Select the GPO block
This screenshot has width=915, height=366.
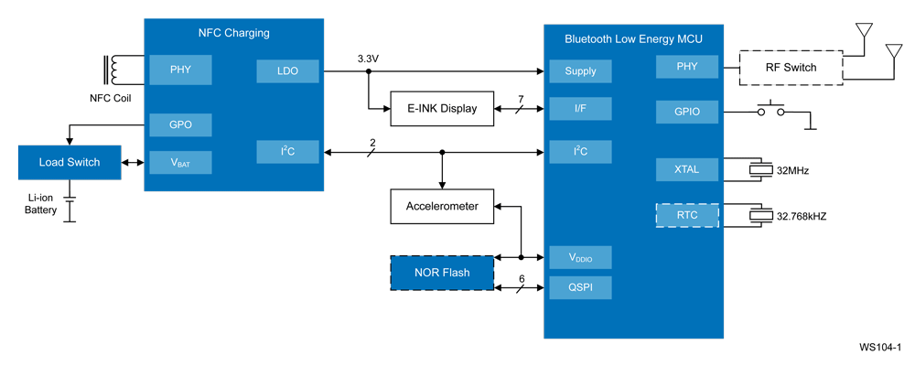[180, 124]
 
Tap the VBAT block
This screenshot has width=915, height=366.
[180, 163]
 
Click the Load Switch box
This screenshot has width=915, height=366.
[69, 162]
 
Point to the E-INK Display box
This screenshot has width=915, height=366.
[442, 108]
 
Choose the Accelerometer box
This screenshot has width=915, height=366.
[442, 206]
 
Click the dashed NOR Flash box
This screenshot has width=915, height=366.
[442, 273]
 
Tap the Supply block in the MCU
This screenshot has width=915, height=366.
[580, 71]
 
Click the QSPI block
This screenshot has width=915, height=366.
[580, 287]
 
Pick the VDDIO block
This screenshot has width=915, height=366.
[580, 258]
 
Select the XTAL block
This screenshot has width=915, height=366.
[687, 170]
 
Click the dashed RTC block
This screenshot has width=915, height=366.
[687, 216]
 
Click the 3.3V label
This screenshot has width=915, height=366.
[368, 59]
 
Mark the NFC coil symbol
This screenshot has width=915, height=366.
[113, 70]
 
